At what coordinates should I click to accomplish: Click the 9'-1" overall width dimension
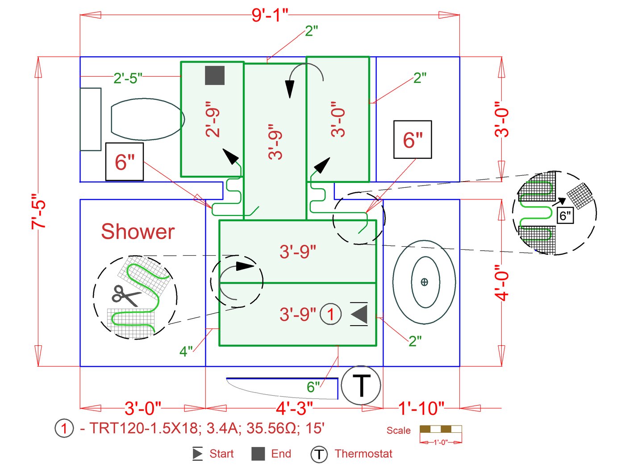tap(270, 15)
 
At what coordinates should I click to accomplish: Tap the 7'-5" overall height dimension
tap(39, 211)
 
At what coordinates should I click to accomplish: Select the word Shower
tap(137, 232)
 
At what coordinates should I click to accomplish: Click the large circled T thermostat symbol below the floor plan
tap(361, 385)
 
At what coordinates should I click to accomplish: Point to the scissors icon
tap(126, 295)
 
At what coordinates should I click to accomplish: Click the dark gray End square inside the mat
tap(215, 75)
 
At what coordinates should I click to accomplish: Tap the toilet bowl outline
tap(147, 119)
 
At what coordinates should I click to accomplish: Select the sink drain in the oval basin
tap(424, 282)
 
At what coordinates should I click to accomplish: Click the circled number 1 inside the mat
tap(331, 314)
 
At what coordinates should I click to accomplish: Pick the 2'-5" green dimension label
tap(128, 78)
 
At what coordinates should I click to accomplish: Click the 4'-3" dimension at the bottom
tap(294, 408)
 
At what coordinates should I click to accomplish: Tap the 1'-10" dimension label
tap(421, 408)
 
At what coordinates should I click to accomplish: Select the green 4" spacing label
tap(186, 351)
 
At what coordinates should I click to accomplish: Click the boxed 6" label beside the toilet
tap(125, 162)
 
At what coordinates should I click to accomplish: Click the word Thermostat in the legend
tap(363, 454)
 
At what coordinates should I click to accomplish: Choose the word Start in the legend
tap(221, 454)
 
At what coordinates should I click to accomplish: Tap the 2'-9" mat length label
tap(213, 122)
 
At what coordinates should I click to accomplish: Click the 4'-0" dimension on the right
tap(502, 283)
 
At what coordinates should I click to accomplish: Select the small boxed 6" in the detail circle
tap(565, 216)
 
